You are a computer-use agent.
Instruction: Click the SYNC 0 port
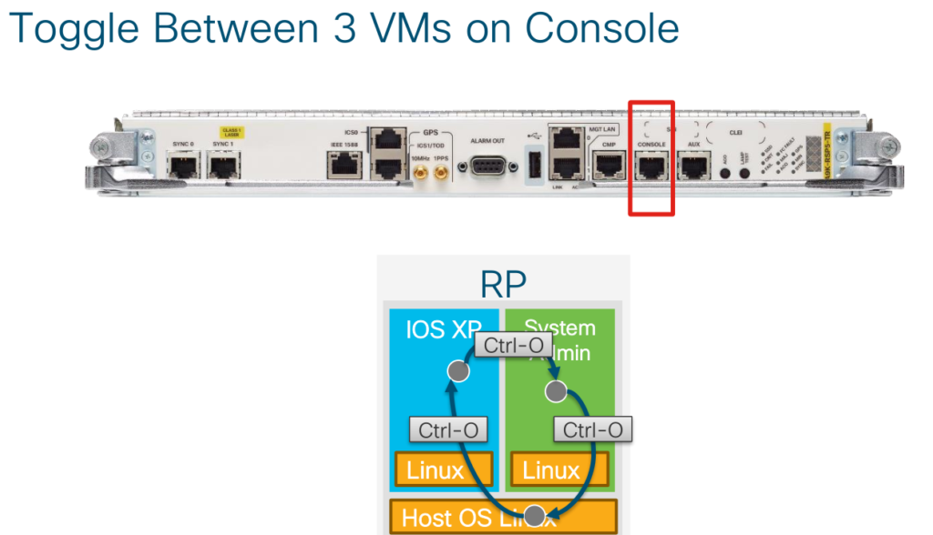182,166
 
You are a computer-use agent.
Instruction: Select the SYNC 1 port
223,166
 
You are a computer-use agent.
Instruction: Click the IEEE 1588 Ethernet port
345,166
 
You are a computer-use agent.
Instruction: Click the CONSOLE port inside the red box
651,166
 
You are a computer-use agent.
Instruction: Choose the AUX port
694,166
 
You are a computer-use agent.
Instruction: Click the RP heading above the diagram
503,284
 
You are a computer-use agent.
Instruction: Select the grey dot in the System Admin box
555,391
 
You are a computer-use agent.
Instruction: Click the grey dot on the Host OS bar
536,515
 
